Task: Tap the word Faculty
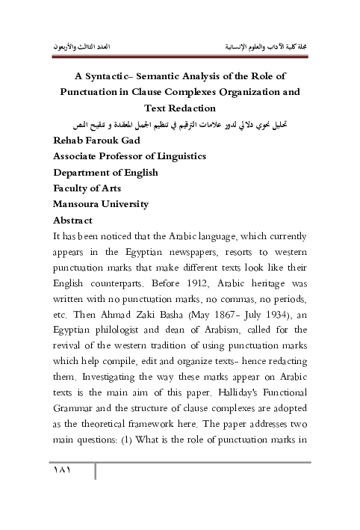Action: click(72, 188)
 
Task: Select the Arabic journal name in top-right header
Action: click(267, 46)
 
